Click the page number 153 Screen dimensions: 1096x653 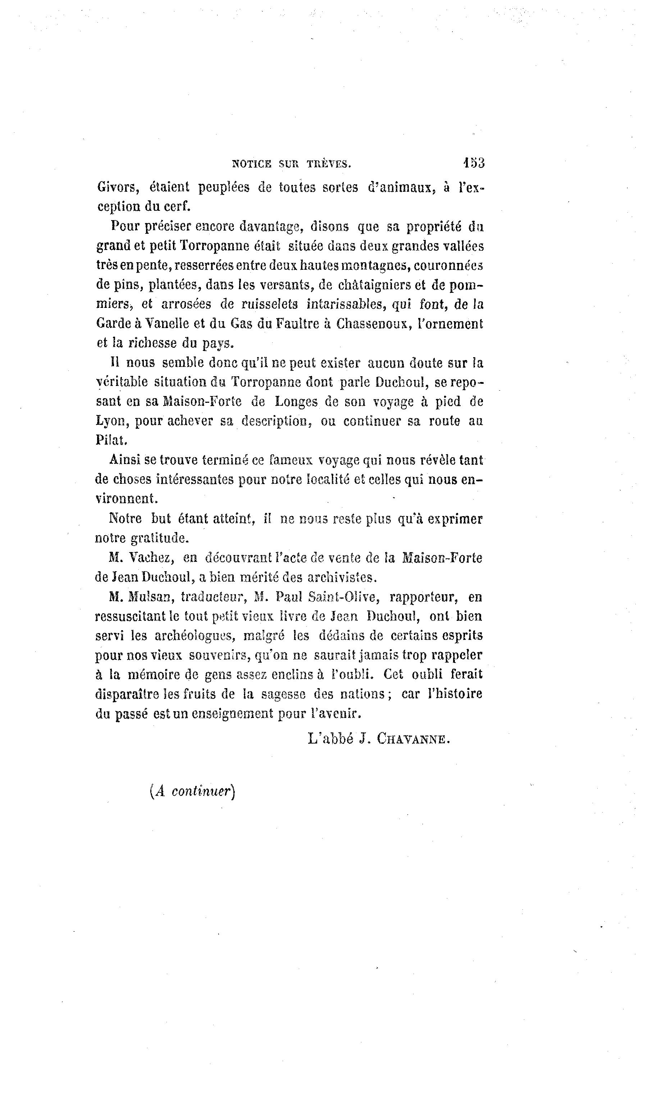(474, 163)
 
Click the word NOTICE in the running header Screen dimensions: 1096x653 (252, 164)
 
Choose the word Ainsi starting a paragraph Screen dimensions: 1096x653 (124, 460)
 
